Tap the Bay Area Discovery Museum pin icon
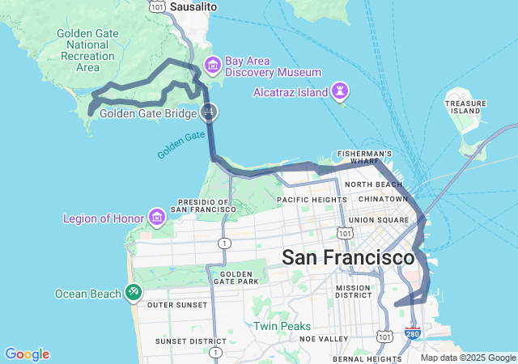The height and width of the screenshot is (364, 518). click(x=213, y=64)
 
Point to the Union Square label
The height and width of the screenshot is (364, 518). click(x=379, y=219)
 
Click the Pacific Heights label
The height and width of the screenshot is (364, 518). click(x=312, y=199)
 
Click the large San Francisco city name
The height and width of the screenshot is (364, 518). click(x=348, y=258)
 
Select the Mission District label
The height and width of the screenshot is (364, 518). click(x=353, y=290)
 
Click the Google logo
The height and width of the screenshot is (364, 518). click(x=27, y=354)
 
